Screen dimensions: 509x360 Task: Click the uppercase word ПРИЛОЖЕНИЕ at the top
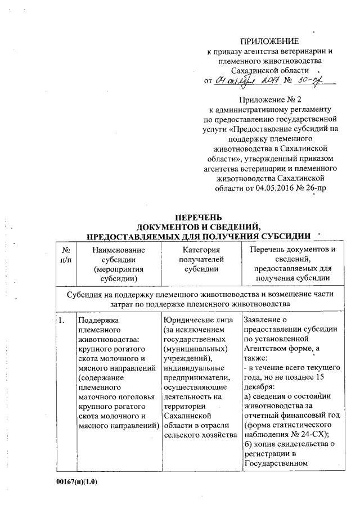(270, 41)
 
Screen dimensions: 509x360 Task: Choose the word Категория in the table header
(197, 250)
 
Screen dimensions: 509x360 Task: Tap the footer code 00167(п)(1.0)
(80, 483)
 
